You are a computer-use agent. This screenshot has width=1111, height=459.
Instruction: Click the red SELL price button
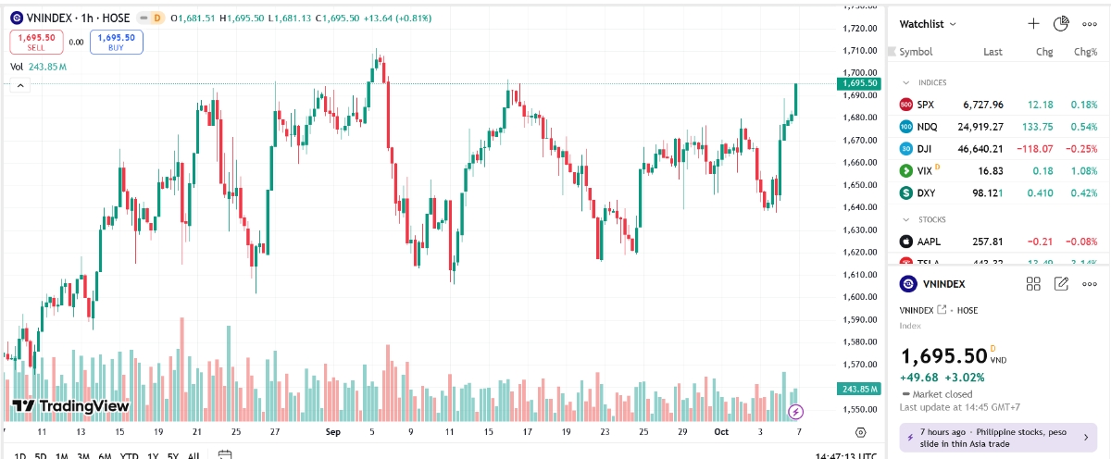coord(36,42)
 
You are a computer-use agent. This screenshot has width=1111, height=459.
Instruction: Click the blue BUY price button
coord(117,42)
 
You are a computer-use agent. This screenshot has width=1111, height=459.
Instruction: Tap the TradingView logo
coord(70,405)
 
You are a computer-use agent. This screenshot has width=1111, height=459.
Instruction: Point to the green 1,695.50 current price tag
coord(860,83)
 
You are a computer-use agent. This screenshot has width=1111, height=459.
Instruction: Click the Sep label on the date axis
coord(333,432)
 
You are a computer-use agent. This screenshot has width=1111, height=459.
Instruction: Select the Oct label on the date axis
coord(721,432)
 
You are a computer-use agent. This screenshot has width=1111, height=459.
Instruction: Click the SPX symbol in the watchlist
coord(926,105)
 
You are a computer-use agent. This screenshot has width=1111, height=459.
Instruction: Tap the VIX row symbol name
coord(925,170)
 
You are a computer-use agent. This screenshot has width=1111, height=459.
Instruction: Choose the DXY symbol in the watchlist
coord(926,192)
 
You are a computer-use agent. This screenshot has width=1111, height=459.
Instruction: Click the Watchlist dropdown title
coord(929,24)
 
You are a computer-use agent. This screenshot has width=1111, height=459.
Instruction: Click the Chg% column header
coord(1085,52)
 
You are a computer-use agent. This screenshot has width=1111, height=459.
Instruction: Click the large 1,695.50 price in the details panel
coord(943,356)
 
